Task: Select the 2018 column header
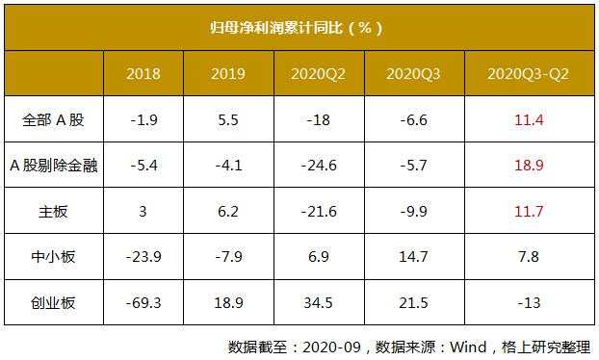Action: coord(143,73)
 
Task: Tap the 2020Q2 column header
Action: coord(319,73)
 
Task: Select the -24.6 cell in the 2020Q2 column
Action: coord(319,165)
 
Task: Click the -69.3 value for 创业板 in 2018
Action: coord(143,303)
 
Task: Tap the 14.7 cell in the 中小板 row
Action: coord(413,257)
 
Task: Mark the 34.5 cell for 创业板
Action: coord(319,303)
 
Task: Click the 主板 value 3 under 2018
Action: coord(143,211)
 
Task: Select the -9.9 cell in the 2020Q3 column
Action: coord(413,211)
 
